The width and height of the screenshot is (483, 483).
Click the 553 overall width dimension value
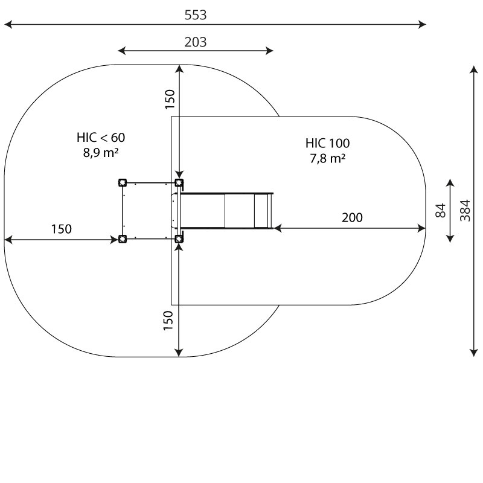[195, 14]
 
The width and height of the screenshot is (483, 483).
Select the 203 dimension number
[195, 42]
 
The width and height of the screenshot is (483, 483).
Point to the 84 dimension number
[441, 210]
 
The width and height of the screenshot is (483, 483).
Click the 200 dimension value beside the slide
[352, 217]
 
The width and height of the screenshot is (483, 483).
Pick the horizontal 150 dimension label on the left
[62, 229]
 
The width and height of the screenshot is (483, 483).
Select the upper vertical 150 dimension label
[170, 99]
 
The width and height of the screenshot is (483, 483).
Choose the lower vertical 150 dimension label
[168, 321]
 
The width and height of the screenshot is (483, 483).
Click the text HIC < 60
[101, 138]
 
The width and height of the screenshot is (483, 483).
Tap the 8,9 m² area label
[101, 153]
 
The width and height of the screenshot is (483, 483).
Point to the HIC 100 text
[327, 143]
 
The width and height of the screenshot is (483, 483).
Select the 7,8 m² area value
[327, 158]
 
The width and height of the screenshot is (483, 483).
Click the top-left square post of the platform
[123, 183]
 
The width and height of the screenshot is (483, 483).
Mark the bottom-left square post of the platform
[123, 238]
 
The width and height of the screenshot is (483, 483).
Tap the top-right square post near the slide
[179, 183]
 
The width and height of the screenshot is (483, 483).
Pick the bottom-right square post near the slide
[179, 238]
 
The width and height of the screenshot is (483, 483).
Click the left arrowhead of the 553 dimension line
[8, 24]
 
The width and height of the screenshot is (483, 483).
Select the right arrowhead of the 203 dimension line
[269, 51]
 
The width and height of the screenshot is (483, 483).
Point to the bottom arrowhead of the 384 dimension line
[474, 353]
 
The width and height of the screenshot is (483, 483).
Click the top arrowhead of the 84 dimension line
[450, 183]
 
